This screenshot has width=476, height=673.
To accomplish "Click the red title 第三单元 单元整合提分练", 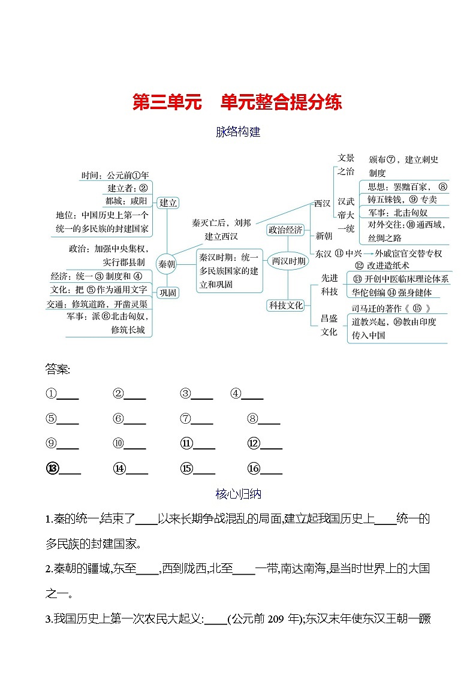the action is (x=237, y=102).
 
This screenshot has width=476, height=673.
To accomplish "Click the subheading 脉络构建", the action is (x=238, y=132).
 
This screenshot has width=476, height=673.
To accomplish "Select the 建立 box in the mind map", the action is (x=168, y=203).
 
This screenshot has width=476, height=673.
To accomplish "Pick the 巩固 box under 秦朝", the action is (x=167, y=292).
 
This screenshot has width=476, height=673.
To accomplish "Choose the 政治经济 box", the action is (x=285, y=230).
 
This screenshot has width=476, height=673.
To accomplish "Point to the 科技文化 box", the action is (x=285, y=306).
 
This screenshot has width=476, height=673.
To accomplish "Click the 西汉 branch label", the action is (x=322, y=204).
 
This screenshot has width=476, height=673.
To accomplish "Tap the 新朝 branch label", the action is (x=323, y=236).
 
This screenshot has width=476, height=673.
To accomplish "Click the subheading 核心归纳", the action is (x=238, y=494).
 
